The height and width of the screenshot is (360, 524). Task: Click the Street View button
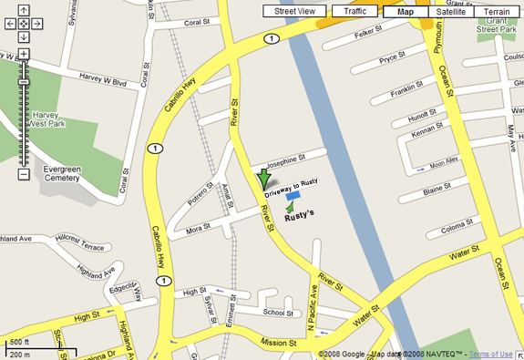(294, 11)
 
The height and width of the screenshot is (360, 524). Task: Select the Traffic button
(354, 11)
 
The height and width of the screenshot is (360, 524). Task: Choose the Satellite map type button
(450, 11)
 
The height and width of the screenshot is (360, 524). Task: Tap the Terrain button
(497, 11)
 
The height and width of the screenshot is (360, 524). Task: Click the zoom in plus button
(24, 54)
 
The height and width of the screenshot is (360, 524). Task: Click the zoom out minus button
(24, 173)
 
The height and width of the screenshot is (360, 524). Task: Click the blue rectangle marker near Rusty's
(293, 195)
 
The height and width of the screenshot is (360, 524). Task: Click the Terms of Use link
(490, 354)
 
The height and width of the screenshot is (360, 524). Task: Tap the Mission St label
(280, 344)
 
